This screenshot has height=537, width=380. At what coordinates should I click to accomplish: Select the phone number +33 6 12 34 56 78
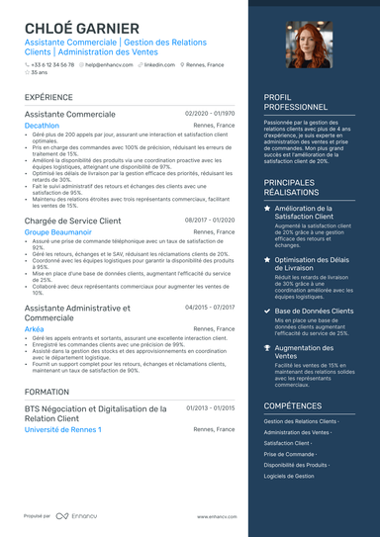pos(50,63)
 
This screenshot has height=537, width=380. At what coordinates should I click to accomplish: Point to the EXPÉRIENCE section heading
pos(48,98)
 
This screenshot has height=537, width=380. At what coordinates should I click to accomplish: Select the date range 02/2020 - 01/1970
pos(210,114)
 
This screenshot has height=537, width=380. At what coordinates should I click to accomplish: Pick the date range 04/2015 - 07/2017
pos(210,308)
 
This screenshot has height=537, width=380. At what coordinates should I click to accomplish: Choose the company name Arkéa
pos(36,328)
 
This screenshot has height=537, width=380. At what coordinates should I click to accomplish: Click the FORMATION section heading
pos(47,392)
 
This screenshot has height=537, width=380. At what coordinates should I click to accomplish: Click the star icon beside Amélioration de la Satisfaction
pos(267,210)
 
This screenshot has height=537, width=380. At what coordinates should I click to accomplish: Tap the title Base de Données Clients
pos(314,311)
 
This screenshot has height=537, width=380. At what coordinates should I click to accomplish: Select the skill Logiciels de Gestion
pos(289,476)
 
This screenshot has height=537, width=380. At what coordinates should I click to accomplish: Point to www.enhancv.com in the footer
pos(216,516)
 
